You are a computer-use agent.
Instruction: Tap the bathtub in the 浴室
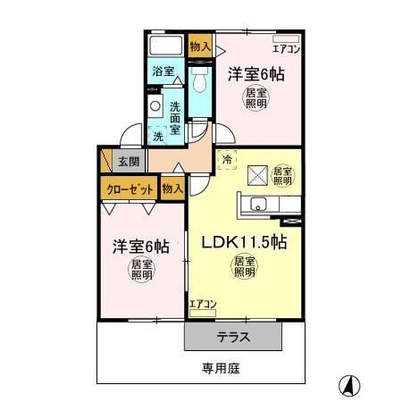tap(166, 46)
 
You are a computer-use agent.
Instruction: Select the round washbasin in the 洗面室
tap(155, 105)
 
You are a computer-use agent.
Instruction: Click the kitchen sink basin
tap(258, 205)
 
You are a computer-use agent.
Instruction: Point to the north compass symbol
tap(349, 384)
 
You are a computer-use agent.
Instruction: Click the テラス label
tap(233, 337)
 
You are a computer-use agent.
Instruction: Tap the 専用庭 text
tap(221, 369)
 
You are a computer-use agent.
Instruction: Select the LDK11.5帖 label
tap(244, 242)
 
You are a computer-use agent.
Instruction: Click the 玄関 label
tap(129, 162)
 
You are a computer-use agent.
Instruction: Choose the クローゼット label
tap(130, 189)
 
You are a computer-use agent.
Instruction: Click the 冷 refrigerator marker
tap(227, 160)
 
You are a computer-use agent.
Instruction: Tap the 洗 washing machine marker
tap(158, 136)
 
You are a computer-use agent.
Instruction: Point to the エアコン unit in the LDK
tap(203, 313)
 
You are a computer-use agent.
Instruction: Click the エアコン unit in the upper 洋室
tap(286, 39)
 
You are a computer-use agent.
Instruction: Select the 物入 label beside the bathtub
tap(200, 46)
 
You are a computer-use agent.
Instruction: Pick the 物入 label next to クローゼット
tap(172, 188)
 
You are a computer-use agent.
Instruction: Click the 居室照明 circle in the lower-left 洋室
tap(142, 270)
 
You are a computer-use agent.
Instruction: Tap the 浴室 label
tap(163, 71)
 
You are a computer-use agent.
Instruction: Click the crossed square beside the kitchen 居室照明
tap(258, 176)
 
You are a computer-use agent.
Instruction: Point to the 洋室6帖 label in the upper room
tap(256, 74)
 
